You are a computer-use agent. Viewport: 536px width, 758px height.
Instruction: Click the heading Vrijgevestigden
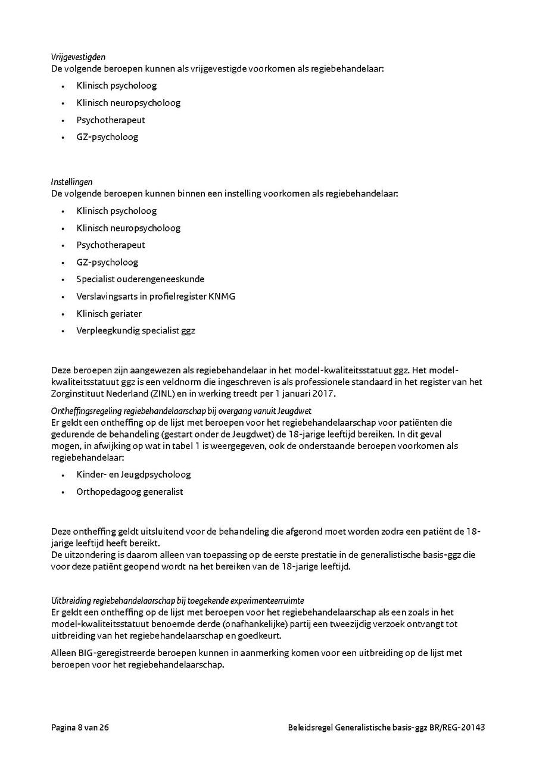click(x=78, y=57)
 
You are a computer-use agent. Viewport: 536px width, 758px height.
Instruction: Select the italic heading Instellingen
click(x=71, y=182)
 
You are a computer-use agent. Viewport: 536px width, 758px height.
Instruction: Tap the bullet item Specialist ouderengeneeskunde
click(x=140, y=279)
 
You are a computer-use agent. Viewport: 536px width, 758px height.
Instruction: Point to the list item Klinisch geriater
click(x=109, y=313)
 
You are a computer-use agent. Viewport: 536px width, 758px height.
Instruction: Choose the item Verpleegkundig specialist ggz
click(x=135, y=330)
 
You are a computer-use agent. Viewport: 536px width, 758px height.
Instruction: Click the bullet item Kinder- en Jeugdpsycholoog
click(x=133, y=475)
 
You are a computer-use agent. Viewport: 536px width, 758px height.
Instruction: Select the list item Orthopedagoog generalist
click(x=129, y=492)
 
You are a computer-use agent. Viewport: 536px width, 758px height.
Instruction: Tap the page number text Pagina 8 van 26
click(x=80, y=728)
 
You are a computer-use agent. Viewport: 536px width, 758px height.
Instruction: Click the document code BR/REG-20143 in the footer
click(x=458, y=728)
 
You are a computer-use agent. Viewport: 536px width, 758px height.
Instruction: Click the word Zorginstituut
click(x=79, y=394)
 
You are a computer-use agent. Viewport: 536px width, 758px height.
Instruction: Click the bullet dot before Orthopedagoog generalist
click(x=63, y=492)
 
